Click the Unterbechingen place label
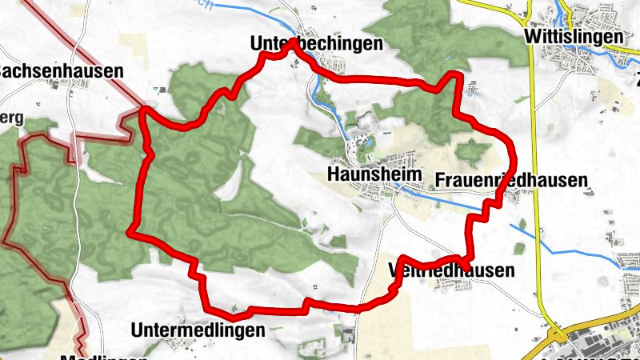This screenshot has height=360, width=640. click(x=316, y=44)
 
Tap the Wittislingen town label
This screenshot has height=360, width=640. click(x=574, y=37)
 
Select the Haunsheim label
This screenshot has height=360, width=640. click(x=359, y=174)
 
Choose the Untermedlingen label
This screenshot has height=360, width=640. click(x=197, y=330)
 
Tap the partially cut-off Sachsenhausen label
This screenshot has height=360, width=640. click(x=61, y=70)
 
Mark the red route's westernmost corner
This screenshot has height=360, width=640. click(x=130, y=232)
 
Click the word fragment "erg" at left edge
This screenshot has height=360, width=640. click(x=11, y=118)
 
